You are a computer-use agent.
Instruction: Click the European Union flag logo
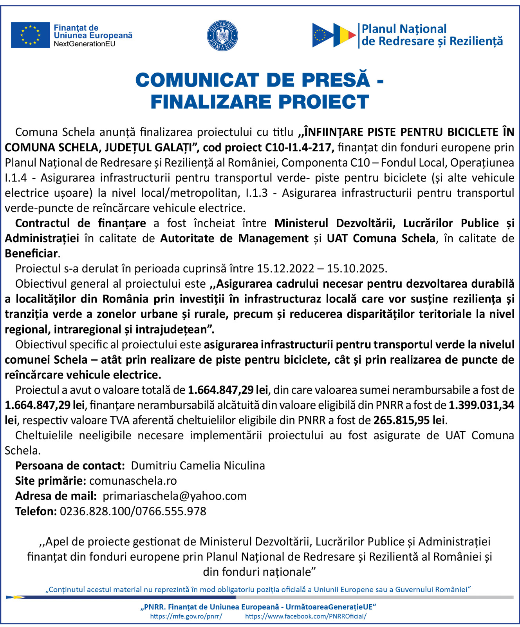click(30, 35)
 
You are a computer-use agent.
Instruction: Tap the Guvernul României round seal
click(222, 36)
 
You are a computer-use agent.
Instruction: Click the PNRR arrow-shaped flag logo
click(334, 35)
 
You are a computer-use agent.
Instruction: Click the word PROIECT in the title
click(323, 102)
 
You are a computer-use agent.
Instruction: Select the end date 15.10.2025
click(356, 269)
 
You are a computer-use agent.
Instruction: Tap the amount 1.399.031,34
click(481, 405)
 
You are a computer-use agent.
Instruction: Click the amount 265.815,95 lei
click(409, 420)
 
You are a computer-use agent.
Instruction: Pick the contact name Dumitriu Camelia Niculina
click(198, 466)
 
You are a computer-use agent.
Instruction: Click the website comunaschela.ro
click(133, 481)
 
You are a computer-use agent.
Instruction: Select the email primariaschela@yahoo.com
click(175, 497)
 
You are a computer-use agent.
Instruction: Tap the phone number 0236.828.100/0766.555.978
click(133, 512)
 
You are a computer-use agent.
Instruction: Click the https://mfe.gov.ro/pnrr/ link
click(186, 616)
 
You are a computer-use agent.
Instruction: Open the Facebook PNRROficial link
click(305, 616)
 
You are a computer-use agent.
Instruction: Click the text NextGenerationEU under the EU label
click(85, 44)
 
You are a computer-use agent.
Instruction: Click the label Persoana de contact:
click(70, 466)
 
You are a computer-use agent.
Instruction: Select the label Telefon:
click(36, 512)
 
